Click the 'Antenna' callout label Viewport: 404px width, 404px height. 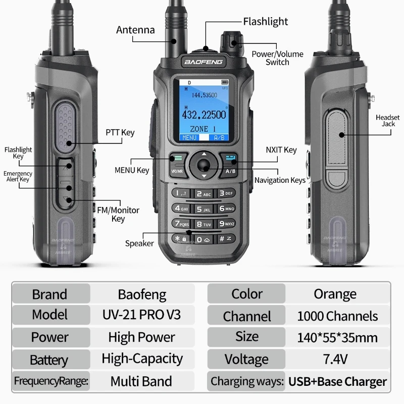[x=135, y=30]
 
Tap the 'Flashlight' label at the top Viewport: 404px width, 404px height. [x=265, y=22]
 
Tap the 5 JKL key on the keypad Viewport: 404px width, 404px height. [x=204, y=208]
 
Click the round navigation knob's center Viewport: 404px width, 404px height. [x=204, y=164]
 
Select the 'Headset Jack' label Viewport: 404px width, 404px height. [x=388, y=121]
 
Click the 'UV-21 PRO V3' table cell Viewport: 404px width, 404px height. [x=141, y=315]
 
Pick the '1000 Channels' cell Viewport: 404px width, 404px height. [x=337, y=316]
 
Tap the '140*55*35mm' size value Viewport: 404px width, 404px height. [x=337, y=337]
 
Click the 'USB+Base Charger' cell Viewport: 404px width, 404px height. [x=337, y=381]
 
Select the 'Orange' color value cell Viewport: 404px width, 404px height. [x=335, y=294]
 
